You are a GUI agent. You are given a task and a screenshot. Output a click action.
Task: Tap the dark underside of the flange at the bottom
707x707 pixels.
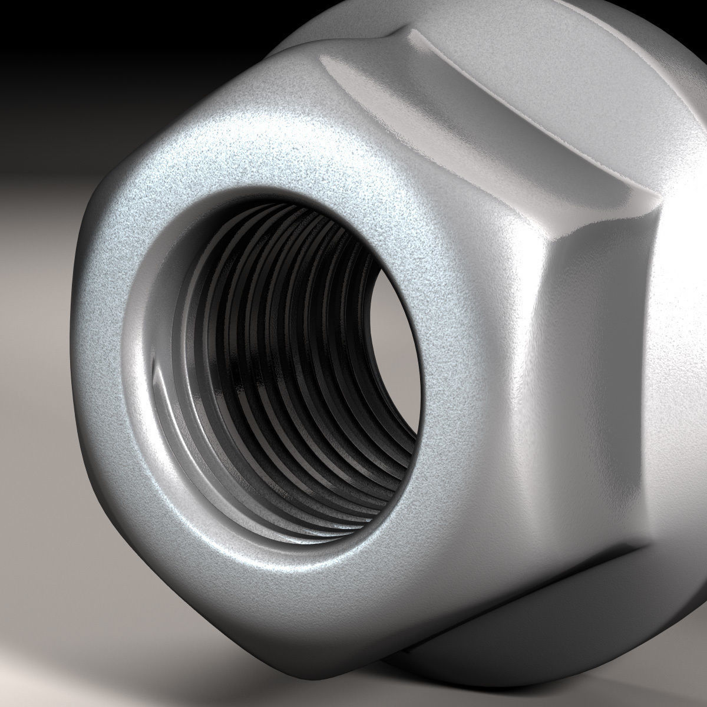pyautogui.click(x=530, y=660)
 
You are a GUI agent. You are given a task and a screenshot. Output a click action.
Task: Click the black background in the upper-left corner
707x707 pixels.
pyautogui.click(x=59, y=47)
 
